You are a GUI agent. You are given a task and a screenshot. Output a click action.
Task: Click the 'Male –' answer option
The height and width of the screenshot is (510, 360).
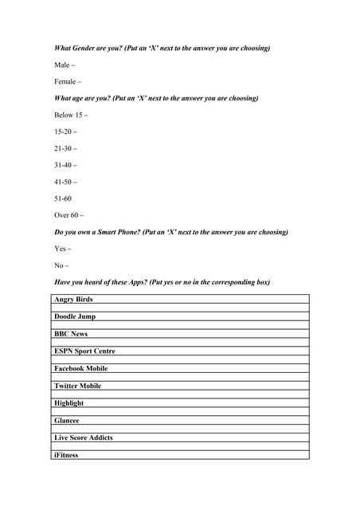tap(64, 65)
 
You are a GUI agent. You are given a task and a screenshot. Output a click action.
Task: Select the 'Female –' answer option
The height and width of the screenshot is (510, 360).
tap(67, 81)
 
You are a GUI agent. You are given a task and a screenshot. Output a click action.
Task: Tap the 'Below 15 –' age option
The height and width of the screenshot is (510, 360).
tap(71, 115)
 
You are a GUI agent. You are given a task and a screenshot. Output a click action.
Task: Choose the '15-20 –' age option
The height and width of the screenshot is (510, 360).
tap(65, 131)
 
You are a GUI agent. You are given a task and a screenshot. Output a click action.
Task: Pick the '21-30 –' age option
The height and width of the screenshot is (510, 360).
tap(65, 148)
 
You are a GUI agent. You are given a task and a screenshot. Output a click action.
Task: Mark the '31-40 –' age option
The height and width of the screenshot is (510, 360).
tap(65, 165)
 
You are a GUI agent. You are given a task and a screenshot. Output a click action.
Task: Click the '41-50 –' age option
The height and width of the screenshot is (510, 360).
tap(65, 182)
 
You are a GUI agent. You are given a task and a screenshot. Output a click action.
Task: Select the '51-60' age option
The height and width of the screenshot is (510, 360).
tap(63, 198)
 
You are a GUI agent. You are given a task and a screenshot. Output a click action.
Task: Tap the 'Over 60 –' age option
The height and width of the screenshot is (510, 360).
tap(68, 215)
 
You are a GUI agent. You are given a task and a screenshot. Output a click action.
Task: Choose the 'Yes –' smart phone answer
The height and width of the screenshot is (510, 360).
tap(62, 249)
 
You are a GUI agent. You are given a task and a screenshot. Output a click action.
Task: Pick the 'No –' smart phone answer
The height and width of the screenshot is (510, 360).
tap(61, 265)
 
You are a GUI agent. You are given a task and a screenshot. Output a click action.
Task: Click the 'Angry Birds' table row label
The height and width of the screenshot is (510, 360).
tap(73, 300)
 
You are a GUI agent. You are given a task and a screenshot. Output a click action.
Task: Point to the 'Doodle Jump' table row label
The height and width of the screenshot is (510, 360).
tap(75, 316)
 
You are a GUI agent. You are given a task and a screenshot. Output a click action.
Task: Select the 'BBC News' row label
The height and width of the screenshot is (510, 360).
tap(71, 334)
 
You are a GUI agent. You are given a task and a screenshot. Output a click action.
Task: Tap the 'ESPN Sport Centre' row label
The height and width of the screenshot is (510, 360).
tap(84, 351)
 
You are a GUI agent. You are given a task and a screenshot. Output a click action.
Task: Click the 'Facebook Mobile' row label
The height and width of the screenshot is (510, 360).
tap(80, 369)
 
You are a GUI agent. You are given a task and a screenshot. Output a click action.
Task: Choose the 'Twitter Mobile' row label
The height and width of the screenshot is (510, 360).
tap(77, 386)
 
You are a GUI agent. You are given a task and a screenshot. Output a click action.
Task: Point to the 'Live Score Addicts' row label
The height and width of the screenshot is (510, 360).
tap(84, 437)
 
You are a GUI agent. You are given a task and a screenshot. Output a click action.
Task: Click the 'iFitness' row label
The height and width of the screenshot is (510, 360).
tap(66, 455)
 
